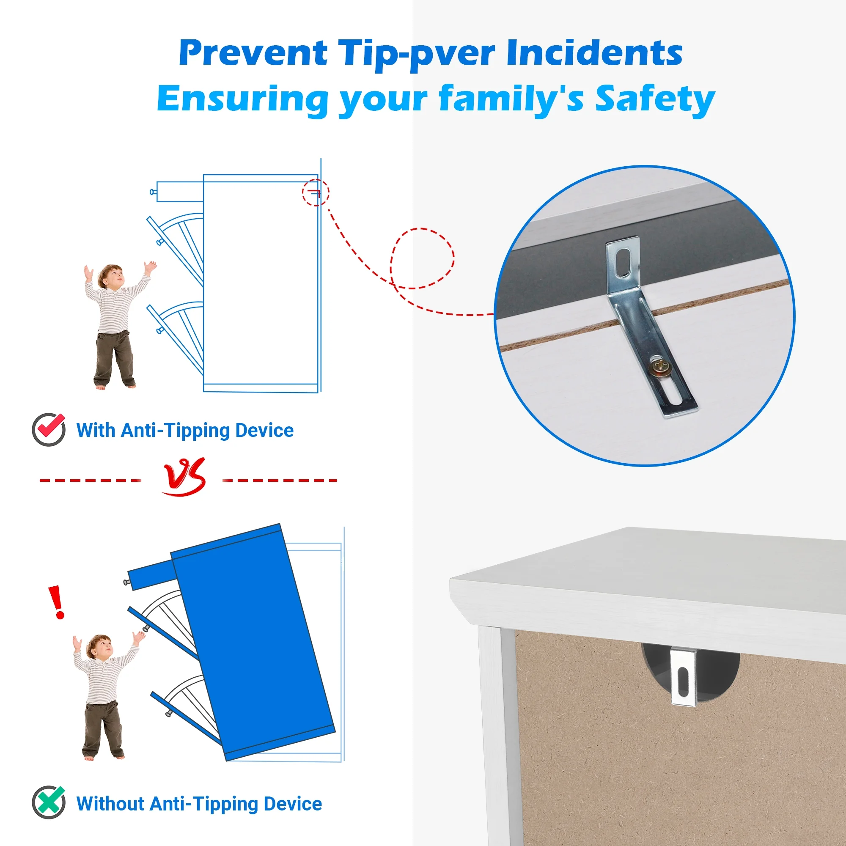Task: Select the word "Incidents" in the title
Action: point(594,52)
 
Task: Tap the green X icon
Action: point(49,802)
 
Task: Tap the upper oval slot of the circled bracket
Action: point(623,263)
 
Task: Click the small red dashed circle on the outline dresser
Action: point(315,192)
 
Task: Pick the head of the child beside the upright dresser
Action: point(110,276)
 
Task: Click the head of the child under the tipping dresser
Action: point(99,646)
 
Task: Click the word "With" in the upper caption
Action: point(96,430)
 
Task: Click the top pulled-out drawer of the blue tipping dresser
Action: point(151,574)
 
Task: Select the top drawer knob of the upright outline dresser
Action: point(153,192)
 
